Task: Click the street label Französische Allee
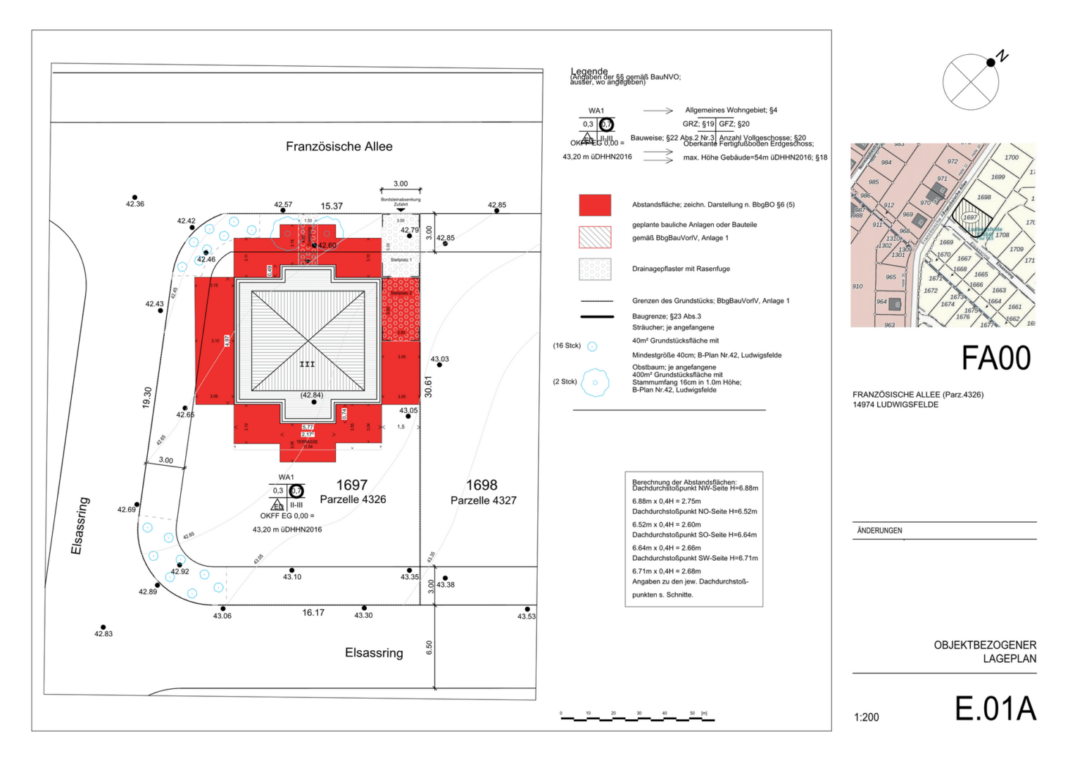pos(339,146)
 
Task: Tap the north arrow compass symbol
pos(971,82)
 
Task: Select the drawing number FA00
pos(995,358)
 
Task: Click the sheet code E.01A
pos(995,709)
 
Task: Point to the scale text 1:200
pos(866,718)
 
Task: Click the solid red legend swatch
pos(594,205)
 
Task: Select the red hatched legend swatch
pos(594,237)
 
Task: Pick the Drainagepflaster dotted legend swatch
pos(594,270)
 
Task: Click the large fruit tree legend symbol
pos(595,383)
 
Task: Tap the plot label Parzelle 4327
pos(483,500)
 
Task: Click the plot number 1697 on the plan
pos(351,485)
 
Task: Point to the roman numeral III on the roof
pos(307,364)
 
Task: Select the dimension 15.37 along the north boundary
pos(332,206)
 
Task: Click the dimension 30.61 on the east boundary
pos(428,386)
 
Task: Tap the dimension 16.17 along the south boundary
pos(313,613)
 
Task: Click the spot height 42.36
pos(134,204)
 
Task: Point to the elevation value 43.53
pos(526,616)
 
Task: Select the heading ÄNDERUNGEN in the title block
pos(879,531)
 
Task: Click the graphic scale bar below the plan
pos(634,718)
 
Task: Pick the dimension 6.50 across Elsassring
pos(429,647)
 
